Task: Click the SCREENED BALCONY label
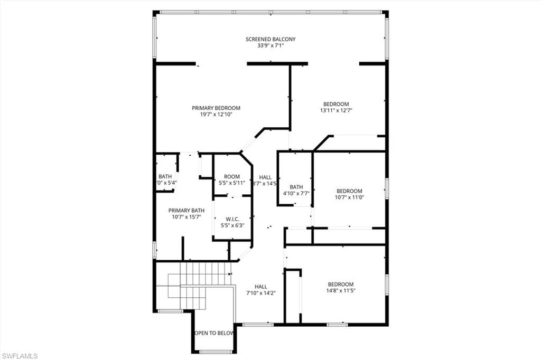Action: [270, 39]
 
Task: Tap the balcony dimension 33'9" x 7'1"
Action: [270, 46]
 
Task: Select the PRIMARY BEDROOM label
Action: [216, 108]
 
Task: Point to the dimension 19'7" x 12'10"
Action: [216, 114]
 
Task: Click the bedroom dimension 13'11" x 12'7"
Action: [336, 111]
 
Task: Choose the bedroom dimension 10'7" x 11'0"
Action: [349, 197]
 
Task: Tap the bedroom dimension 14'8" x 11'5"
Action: [340, 290]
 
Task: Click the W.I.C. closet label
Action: [232, 219]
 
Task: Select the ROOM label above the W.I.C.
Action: [232, 176]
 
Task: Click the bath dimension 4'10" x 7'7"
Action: [296, 193]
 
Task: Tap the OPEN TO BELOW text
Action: [214, 333]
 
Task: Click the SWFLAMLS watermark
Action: [20, 356]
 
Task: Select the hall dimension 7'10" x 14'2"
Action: [261, 293]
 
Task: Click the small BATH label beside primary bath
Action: [165, 176]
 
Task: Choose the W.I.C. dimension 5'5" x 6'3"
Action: [232, 225]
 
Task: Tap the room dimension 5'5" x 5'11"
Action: [232, 183]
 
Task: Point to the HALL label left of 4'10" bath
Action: [265, 177]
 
